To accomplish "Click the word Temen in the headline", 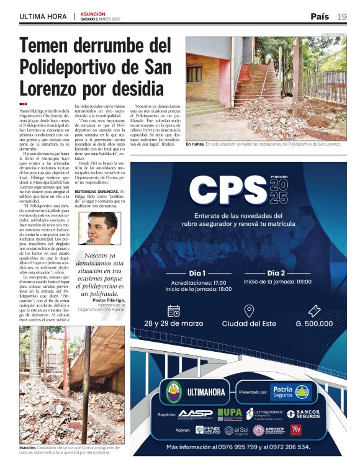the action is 52,47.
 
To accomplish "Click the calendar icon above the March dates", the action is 174,311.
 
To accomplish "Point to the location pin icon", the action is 249,311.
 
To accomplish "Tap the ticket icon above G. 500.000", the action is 313,311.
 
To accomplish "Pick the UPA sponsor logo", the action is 230,413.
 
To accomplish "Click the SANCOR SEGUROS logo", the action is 304,414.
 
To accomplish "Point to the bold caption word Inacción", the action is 28,447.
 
